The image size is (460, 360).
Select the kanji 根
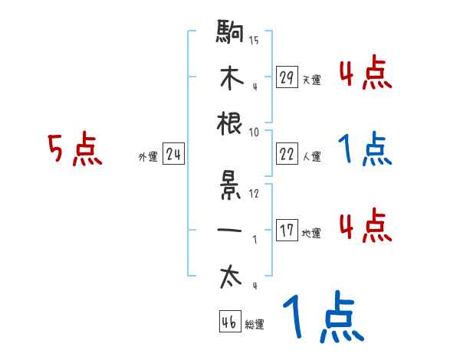tap(230, 123)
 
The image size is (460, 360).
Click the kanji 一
tap(231, 230)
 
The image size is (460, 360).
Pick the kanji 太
tap(231, 277)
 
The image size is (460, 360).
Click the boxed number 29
tap(287, 77)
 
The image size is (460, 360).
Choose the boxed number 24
tap(173, 155)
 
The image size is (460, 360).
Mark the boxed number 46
tap(228, 322)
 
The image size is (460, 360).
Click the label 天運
tap(311, 80)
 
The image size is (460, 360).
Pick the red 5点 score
tap(74, 150)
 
